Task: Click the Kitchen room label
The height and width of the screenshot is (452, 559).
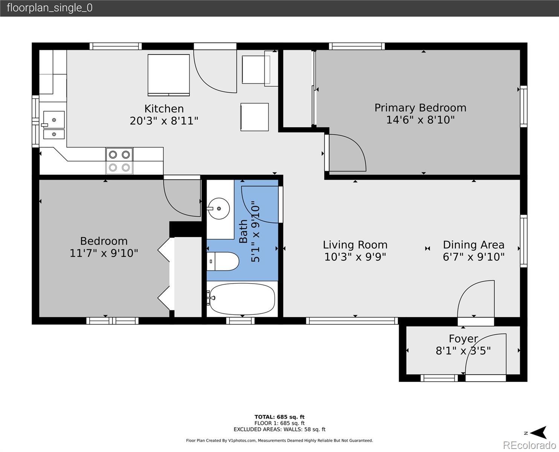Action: (x=164, y=108)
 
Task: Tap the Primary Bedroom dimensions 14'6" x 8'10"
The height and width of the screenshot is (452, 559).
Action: (x=420, y=120)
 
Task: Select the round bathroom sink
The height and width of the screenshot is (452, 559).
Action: (x=218, y=209)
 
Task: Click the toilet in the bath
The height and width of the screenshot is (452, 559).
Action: (x=223, y=261)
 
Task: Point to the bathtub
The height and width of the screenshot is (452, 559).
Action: (x=242, y=299)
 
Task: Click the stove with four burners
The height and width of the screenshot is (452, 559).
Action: (x=119, y=161)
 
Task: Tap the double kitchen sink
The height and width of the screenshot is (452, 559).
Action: (x=54, y=125)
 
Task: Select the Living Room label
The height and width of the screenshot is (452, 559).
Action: (x=355, y=245)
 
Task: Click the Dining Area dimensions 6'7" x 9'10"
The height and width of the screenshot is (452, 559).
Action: (x=473, y=257)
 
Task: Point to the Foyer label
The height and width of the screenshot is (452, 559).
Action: (x=463, y=339)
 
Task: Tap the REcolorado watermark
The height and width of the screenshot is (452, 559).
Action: (x=529, y=445)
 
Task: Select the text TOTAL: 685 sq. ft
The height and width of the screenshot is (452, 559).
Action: (x=279, y=417)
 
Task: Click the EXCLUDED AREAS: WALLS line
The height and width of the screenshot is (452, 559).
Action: (x=279, y=429)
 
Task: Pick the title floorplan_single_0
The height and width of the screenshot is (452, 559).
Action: (x=50, y=8)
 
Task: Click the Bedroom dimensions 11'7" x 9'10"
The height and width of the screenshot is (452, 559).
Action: (x=104, y=253)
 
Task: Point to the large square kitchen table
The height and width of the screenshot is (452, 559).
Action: (x=169, y=75)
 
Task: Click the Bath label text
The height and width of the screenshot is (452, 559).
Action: (x=243, y=231)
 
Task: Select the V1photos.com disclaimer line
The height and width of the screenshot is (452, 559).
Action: (x=279, y=440)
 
